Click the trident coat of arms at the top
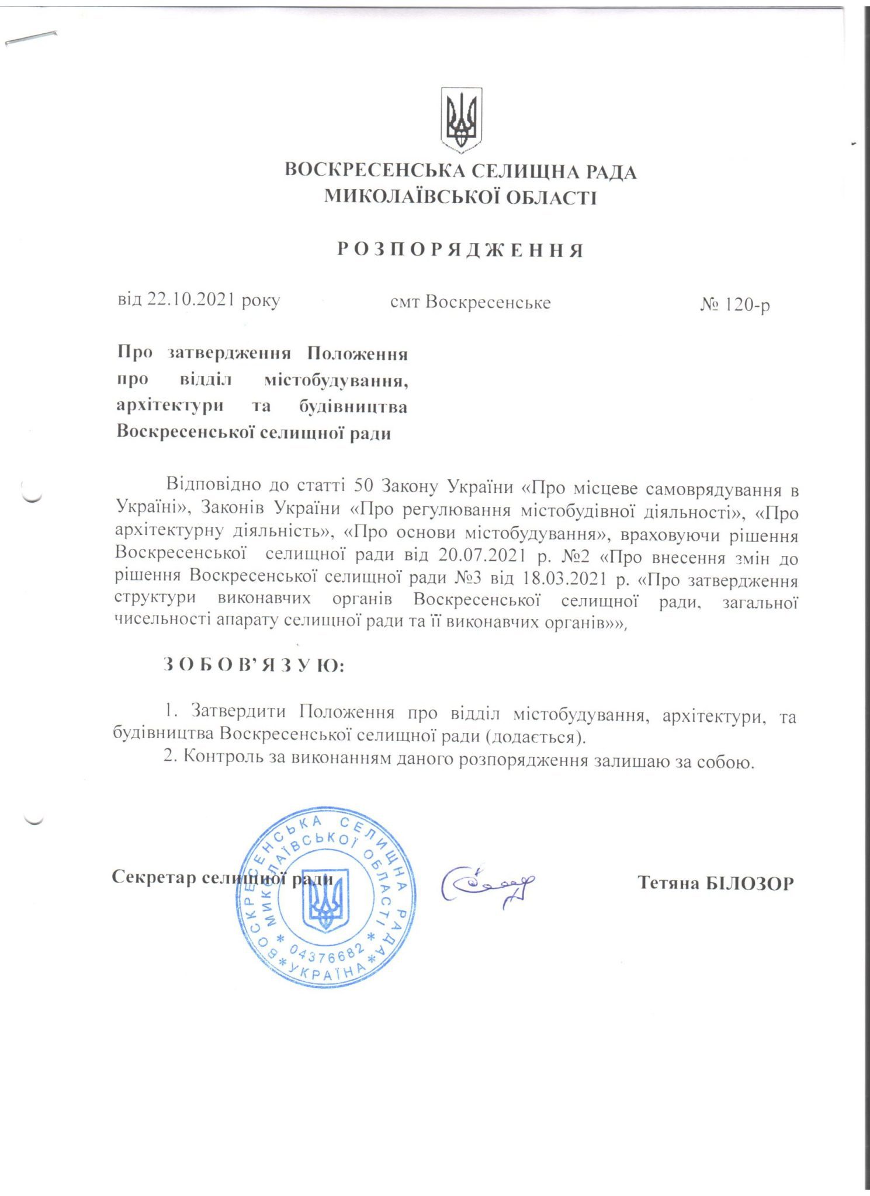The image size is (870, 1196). click(x=461, y=120)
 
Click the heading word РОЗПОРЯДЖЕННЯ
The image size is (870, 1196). click(x=460, y=251)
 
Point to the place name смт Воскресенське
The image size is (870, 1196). click(x=470, y=303)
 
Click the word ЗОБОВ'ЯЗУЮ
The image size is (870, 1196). click(x=254, y=665)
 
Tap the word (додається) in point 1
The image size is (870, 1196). click(x=535, y=736)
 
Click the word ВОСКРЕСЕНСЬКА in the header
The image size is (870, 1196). click(x=374, y=172)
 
